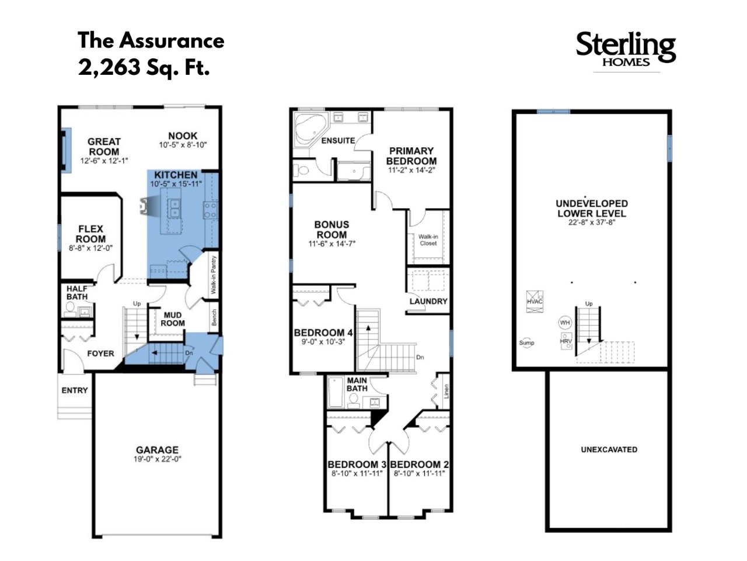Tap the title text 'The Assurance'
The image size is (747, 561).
tap(151, 40)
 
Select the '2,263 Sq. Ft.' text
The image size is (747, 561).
tap(144, 67)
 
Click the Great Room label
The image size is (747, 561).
tap(104, 147)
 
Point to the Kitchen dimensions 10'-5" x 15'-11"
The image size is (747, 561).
tap(176, 184)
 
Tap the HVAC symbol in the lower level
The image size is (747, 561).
tap(535, 301)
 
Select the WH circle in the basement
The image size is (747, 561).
tap(565, 322)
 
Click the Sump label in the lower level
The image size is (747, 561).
tap(526, 342)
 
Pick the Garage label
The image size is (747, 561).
tap(157, 449)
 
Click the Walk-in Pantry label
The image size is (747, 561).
tap(214, 275)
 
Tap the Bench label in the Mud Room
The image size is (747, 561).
tap(214, 317)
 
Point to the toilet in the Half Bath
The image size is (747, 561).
tap(70, 309)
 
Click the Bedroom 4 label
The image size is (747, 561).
tap(323, 333)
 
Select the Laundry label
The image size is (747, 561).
tap(428, 301)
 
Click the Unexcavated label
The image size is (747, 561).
tap(609, 449)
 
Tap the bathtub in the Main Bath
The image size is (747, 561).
tap(336, 392)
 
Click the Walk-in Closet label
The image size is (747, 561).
tap(428, 240)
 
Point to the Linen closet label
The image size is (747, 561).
tap(446, 392)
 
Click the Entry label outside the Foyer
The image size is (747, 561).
tap(75, 390)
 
